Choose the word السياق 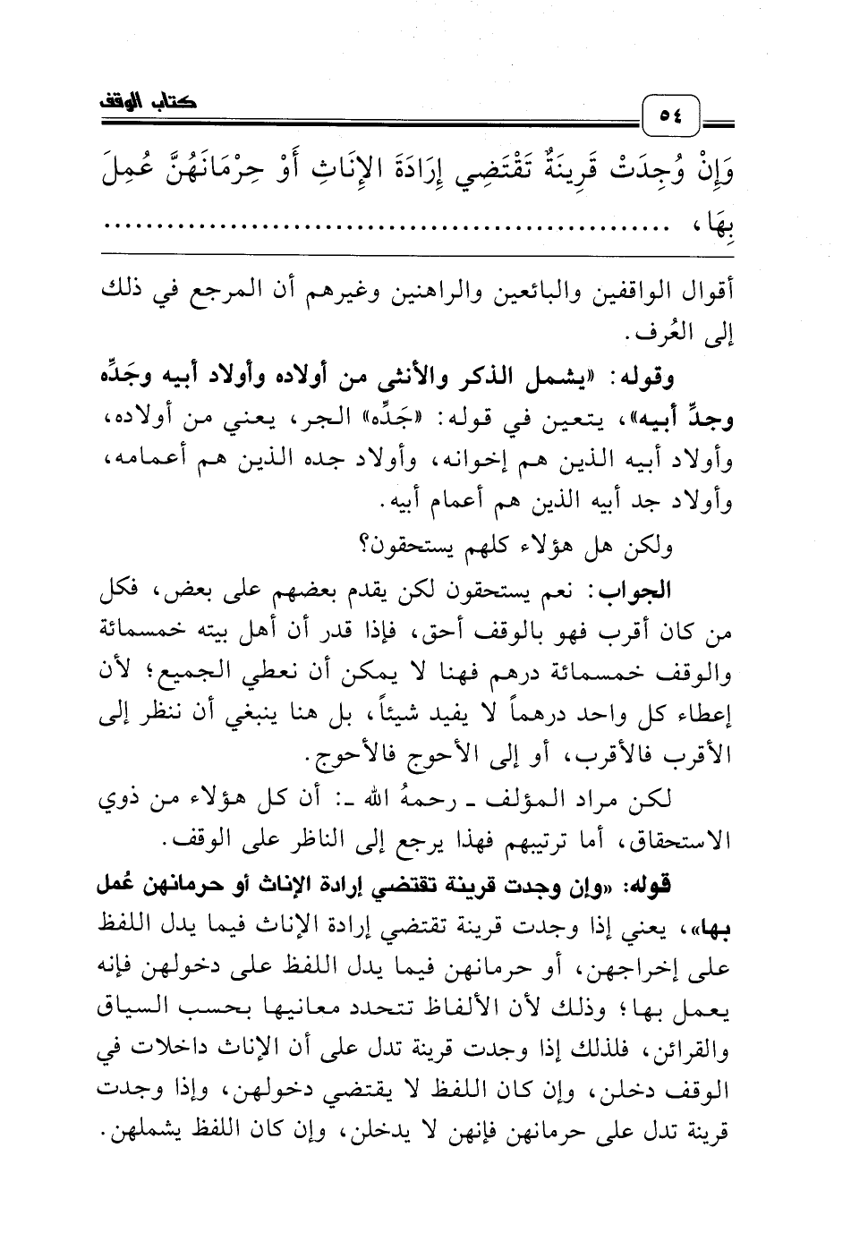point(136,1011)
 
